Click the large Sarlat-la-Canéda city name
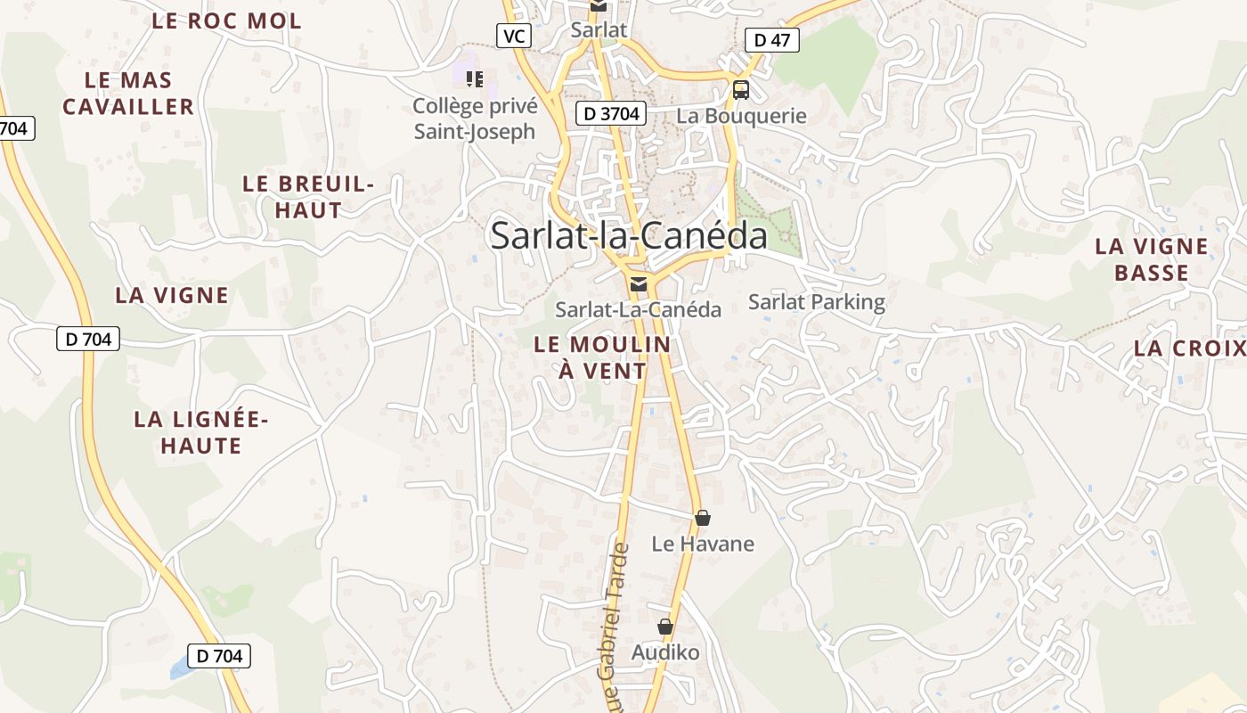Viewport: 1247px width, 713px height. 629,235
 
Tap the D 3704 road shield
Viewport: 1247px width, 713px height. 611,113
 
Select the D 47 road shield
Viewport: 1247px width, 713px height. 771,39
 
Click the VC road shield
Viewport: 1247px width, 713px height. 514,36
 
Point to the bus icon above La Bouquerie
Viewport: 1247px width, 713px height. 741,89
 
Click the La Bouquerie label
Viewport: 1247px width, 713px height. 741,116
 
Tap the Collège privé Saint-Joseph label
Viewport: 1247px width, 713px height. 475,119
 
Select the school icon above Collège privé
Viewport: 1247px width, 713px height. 475,79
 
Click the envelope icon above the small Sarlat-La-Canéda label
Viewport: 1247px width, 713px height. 638,284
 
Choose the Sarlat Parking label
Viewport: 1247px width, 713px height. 817,302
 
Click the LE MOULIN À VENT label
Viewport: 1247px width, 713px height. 602,357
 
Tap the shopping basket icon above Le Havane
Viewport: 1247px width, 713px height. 703,518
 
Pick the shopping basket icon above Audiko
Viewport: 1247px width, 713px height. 665,627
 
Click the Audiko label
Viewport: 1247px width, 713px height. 665,653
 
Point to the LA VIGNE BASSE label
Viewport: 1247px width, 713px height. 1152,259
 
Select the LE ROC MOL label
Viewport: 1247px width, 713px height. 227,21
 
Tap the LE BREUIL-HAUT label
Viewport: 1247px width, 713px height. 308,197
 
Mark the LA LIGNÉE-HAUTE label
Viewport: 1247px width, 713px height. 201,432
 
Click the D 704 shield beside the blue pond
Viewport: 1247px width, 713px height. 219,656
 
